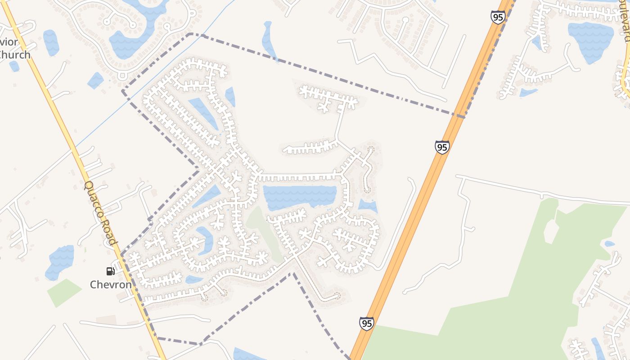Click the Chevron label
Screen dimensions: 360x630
tap(111, 284)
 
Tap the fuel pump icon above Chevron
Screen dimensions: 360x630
tap(110, 271)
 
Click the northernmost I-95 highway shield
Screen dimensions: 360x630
tap(498, 17)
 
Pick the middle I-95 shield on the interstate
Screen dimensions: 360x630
tap(442, 147)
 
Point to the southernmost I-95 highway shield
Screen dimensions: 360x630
tap(366, 323)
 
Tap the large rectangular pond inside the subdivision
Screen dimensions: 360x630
tap(300, 197)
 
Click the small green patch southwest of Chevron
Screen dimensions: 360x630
tap(64, 292)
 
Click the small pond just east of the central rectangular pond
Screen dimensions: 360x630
tap(368, 206)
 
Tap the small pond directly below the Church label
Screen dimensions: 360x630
tap(14, 66)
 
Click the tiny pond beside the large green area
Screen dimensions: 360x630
tap(609, 244)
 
